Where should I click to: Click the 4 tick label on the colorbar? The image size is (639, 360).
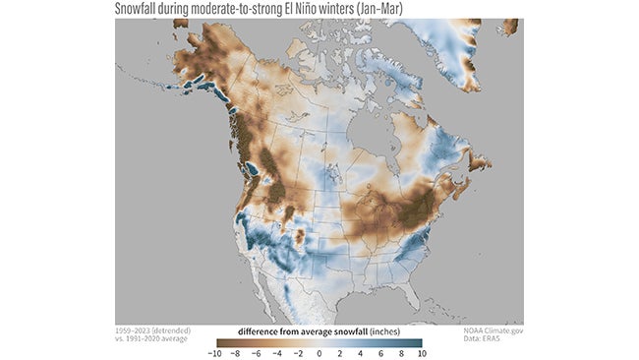[364, 352]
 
